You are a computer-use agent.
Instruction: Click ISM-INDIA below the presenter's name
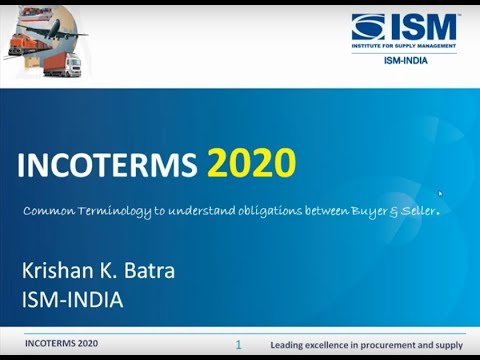tap(72, 298)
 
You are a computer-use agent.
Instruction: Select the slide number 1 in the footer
tap(239, 343)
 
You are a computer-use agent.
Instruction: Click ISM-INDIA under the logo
tap(406, 60)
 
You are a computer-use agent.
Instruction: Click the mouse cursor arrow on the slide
tap(440, 194)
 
